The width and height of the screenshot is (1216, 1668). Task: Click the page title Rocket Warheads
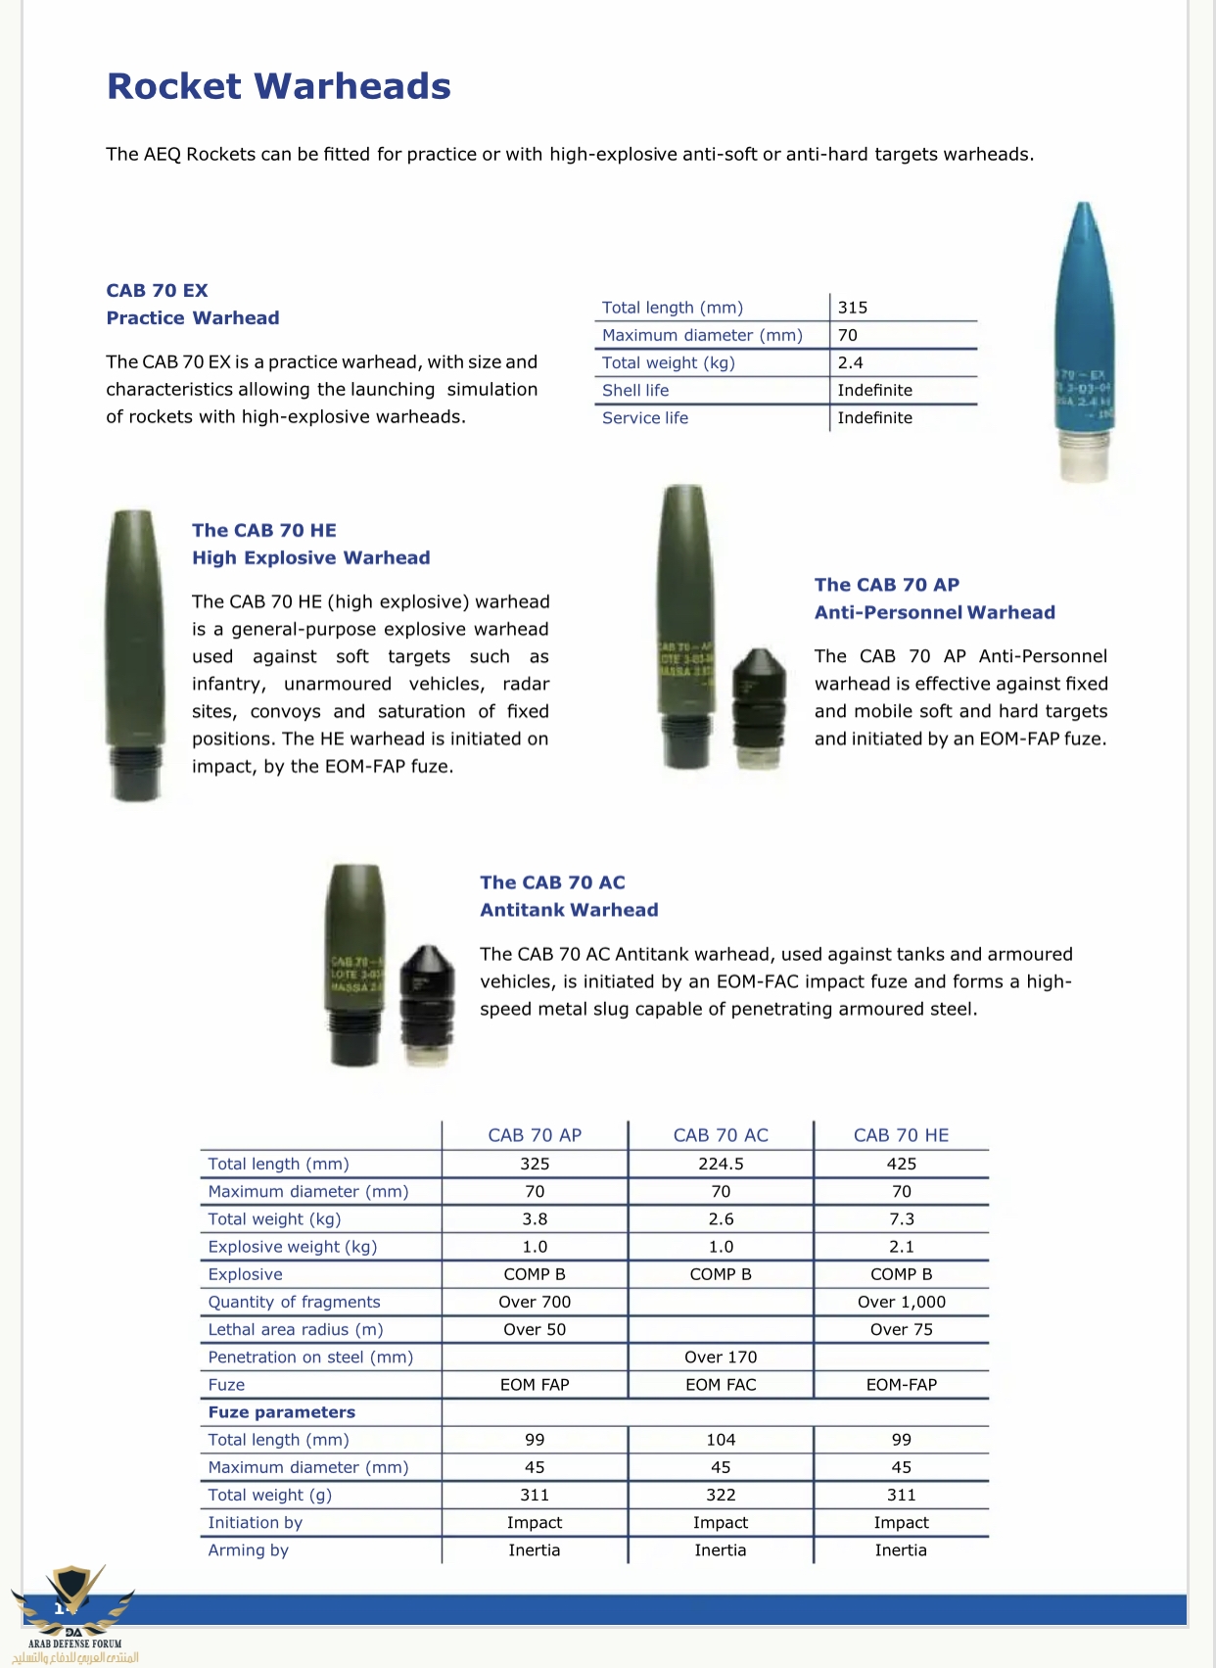coord(279,86)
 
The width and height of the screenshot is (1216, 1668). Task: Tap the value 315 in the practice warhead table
coord(853,308)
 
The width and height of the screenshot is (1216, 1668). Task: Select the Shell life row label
coord(635,390)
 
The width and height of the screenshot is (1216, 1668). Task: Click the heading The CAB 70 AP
coord(886,585)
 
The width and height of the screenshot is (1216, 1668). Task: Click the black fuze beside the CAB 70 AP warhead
coord(759,708)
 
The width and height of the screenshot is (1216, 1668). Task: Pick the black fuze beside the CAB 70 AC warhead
coord(427,1004)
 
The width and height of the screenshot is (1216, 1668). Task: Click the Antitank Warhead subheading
coord(569,910)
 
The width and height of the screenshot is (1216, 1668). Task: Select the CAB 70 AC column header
coord(721,1135)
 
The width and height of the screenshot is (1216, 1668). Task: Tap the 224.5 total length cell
coord(721,1164)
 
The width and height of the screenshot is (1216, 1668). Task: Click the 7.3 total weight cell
coord(901,1219)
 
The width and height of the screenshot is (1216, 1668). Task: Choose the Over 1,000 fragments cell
coord(901,1302)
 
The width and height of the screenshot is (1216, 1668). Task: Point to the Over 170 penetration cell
coord(721,1357)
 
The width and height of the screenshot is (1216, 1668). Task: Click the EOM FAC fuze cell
coord(721,1385)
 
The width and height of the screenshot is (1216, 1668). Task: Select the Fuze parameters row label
coord(282,1412)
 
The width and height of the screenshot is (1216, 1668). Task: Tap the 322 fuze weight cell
coord(721,1495)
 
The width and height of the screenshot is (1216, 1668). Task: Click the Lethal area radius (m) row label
coord(296,1329)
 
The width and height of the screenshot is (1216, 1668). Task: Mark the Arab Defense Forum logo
coord(74,1611)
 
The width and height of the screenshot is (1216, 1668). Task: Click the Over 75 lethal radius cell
coord(901,1329)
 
